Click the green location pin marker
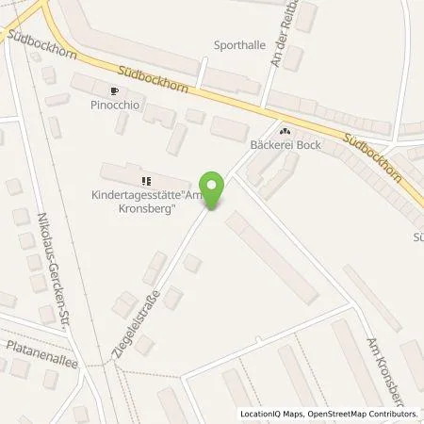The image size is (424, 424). point(214,188)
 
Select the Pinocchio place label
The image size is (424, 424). point(115,105)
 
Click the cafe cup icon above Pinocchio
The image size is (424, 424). point(114,91)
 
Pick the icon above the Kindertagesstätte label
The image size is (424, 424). point(146,181)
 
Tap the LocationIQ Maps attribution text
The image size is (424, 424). point(275,414)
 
